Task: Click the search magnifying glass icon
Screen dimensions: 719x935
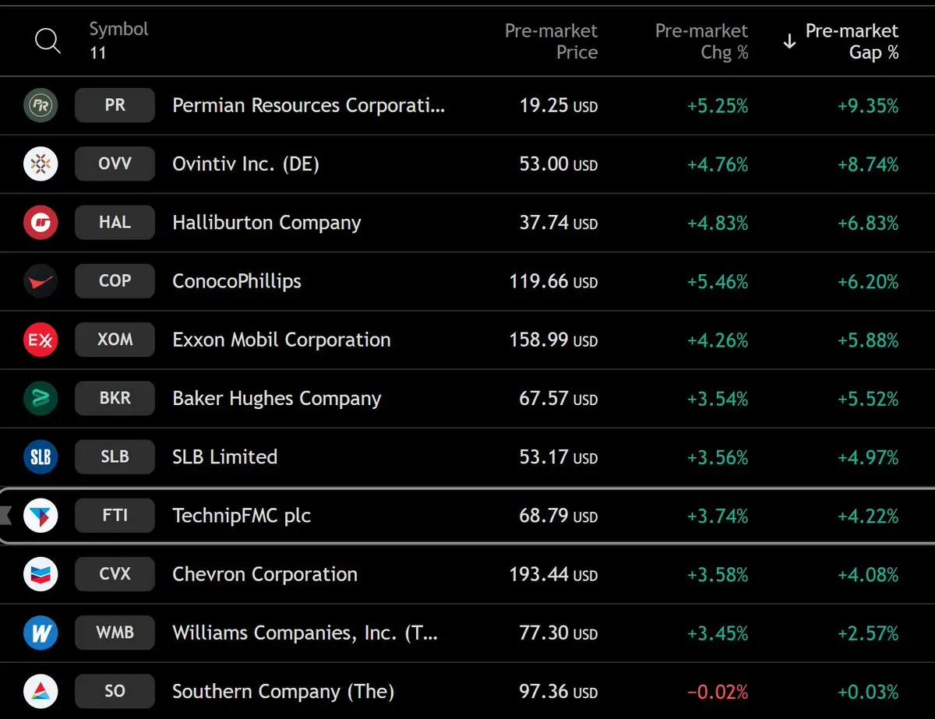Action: coord(48,41)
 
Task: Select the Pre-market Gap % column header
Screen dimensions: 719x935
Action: coord(852,41)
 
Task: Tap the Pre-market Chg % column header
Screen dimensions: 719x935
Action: coord(701,41)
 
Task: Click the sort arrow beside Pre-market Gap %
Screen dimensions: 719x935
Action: coord(789,42)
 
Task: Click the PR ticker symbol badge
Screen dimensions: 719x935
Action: coord(115,105)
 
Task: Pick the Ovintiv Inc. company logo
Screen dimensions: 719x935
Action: coord(41,164)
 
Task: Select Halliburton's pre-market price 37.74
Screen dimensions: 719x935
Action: coord(545,223)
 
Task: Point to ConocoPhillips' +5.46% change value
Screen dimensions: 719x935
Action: coord(717,281)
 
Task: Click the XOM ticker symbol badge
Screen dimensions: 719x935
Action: coord(115,340)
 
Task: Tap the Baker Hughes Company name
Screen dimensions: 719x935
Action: coord(277,399)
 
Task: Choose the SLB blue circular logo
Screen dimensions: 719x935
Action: coord(41,457)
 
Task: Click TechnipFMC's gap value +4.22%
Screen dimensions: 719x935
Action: coord(868,516)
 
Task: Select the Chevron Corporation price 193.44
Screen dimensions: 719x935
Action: coord(538,575)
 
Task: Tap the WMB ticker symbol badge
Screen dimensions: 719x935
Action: coord(115,633)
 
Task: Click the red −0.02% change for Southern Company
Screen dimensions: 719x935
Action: coord(717,692)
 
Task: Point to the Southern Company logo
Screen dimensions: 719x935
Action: coord(41,692)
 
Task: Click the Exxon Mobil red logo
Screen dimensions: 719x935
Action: coord(41,340)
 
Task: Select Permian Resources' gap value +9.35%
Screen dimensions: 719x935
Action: coord(868,106)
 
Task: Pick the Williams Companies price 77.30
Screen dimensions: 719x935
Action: coord(544,633)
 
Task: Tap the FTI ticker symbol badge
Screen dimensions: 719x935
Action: coord(115,516)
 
